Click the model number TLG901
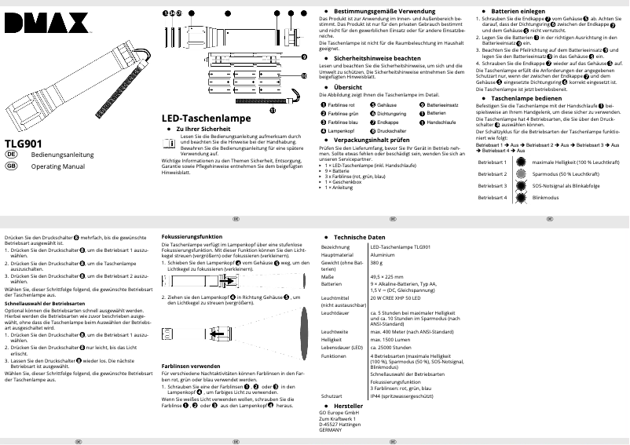tap(23, 144)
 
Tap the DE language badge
tap(11, 155)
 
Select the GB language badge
tap(11, 166)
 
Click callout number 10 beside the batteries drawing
tap(303, 75)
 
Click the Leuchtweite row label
tap(335, 332)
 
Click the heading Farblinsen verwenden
tap(191, 366)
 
